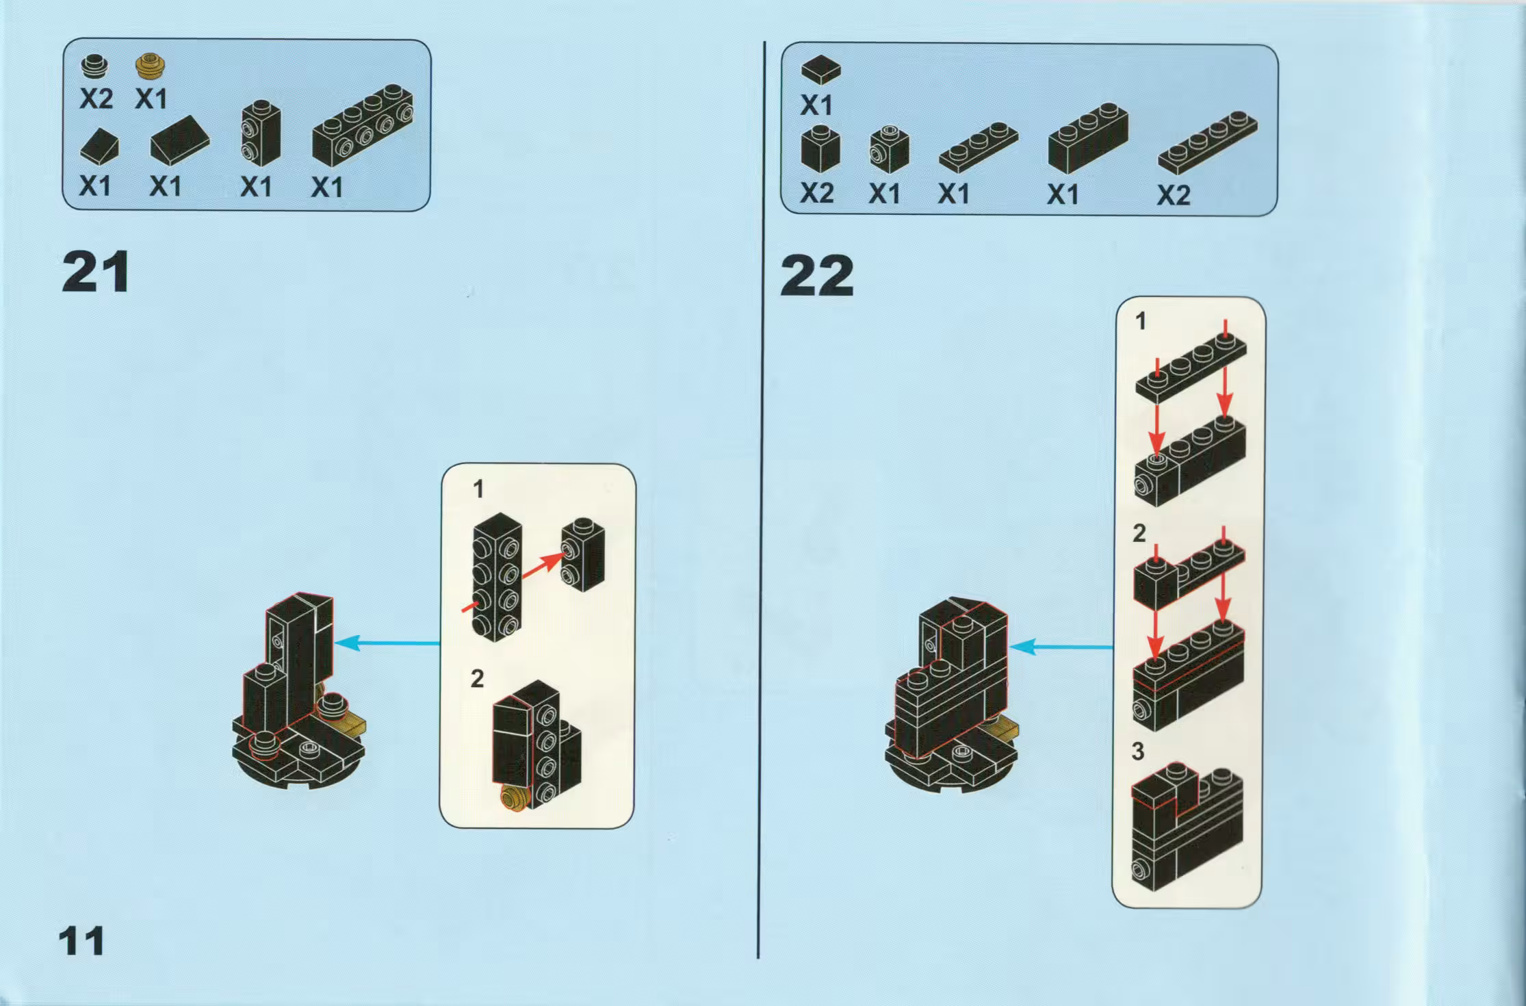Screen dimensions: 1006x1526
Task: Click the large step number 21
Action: pos(96,272)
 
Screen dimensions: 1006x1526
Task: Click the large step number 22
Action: pos(816,276)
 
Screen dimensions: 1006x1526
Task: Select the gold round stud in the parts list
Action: pos(152,65)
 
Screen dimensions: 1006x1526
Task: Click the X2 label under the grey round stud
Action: pos(96,100)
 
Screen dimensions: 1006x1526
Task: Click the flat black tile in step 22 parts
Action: pos(820,69)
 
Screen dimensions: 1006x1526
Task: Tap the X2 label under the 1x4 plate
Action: pos(1174,196)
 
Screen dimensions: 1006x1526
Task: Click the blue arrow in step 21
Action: pos(387,643)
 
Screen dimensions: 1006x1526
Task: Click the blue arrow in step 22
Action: pos(1061,647)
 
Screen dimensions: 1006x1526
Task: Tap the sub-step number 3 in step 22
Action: pos(1138,751)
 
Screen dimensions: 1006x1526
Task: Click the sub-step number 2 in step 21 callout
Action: pos(477,678)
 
